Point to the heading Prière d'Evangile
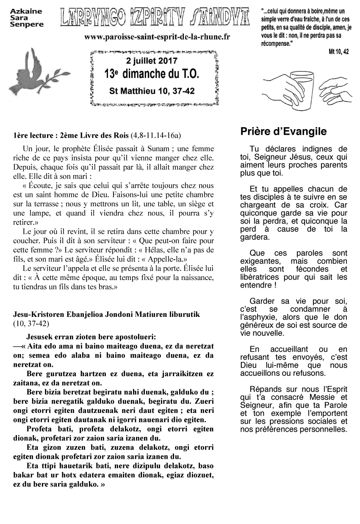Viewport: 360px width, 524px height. click(283, 131)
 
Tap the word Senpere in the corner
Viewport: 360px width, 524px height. click(27, 25)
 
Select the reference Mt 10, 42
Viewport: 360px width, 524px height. click(338, 52)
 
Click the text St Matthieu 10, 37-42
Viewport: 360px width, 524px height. click(152, 91)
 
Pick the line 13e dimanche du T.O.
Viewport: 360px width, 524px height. click(152, 75)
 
